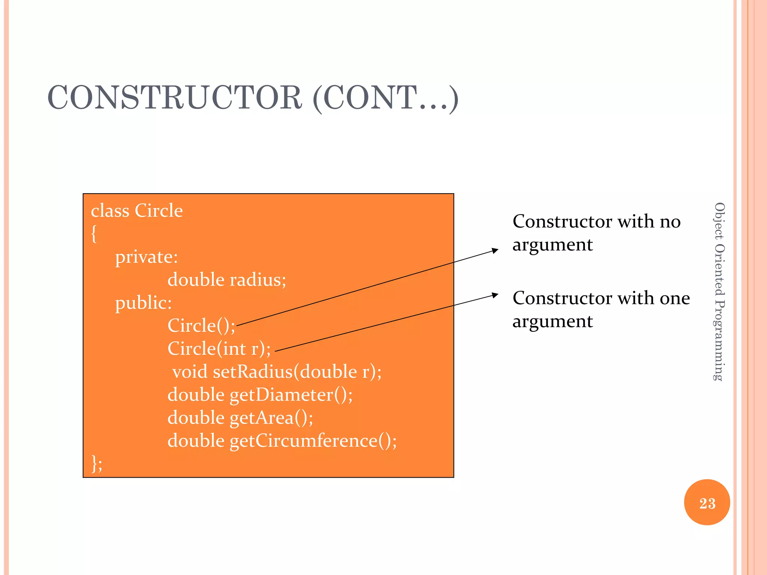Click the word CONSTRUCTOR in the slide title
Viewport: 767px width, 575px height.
[175, 98]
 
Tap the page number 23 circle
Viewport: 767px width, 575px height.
[707, 503]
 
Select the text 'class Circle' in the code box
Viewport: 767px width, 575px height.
[137, 211]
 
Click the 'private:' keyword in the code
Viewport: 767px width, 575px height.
[146, 257]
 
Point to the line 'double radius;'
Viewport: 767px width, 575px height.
[227, 280]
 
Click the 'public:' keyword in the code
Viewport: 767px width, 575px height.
[143, 303]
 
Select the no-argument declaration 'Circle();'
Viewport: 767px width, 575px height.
[201, 326]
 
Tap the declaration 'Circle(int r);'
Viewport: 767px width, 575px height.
[219, 349]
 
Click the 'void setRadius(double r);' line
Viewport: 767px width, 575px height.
[276, 372]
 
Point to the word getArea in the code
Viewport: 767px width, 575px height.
[261, 418]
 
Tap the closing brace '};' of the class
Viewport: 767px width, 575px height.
[97, 464]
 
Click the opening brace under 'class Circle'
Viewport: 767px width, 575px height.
[94, 234]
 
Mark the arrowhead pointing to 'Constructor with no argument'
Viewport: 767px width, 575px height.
[495, 250]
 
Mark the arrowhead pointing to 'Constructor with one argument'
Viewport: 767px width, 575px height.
[495, 295]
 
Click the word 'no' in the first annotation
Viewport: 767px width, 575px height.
[670, 222]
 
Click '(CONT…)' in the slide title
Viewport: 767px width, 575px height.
[385, 98]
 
